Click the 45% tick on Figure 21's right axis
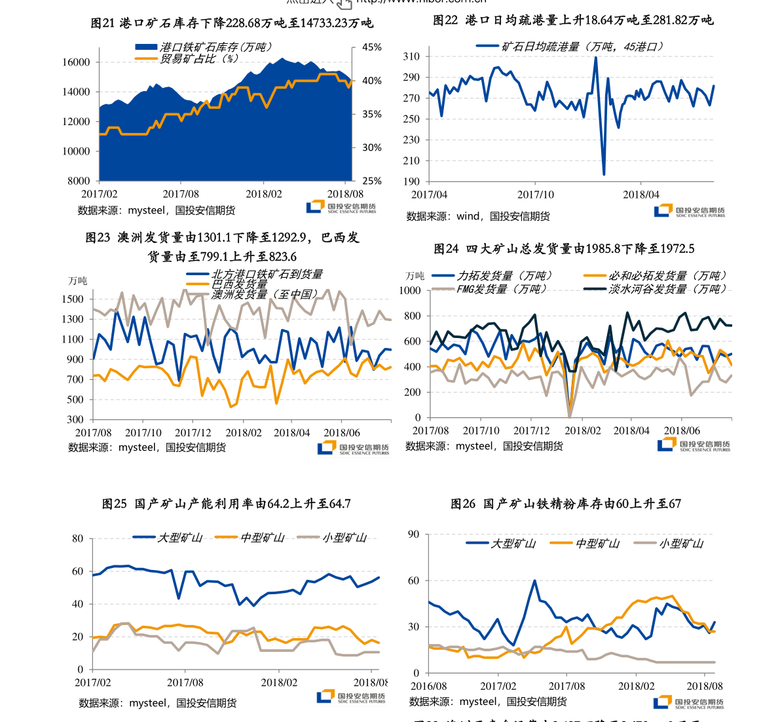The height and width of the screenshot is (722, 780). click(372, 48)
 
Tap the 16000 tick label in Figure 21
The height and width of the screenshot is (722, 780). click(76, 62)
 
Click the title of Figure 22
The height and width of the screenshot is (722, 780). click(573, 20)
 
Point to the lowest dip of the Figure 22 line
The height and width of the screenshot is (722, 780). click(604, 174)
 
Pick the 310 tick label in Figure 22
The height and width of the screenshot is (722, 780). click(411, 56)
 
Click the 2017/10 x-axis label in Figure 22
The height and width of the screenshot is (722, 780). click(535, 195)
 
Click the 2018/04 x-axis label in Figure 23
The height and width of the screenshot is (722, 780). click(291, 433)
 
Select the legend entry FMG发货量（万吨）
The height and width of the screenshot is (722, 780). click(501, 289)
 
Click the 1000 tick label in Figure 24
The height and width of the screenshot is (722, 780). click(410, 290)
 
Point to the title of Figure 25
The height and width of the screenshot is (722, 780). click(227, 504)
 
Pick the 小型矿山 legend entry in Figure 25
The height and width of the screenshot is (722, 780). click(344, 538)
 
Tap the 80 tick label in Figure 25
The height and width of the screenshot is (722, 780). click(78, 539)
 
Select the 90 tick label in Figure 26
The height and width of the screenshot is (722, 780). click(413, 535)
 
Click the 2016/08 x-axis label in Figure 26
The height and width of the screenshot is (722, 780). click(429, 686)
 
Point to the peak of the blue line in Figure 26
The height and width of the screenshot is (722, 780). click(534, 580)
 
